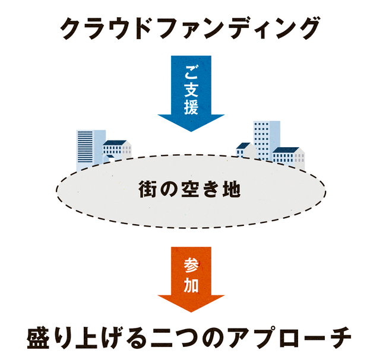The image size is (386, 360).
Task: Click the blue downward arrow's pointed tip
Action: (191, 129)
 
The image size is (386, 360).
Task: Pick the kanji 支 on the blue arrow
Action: (191, 90)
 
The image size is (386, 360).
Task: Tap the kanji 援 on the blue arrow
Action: (191, 107)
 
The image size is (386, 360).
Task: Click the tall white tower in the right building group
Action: (265, 139)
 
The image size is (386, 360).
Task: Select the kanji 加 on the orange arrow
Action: (191, 285)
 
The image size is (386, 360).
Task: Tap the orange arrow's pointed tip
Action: (191, 311)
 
